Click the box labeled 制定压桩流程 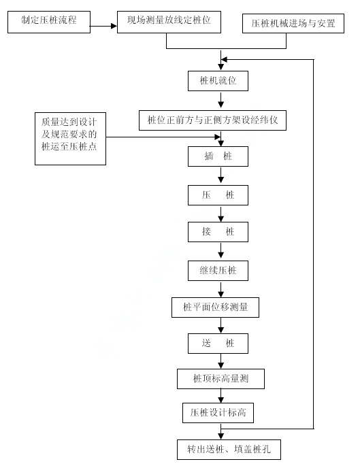tap(49, 22)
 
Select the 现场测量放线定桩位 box tap(169, 22)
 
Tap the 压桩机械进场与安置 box tap(293, 23)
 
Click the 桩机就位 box tap(218, 81)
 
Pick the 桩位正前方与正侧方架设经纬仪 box tap(212, 120)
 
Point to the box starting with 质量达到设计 tap(71, 139)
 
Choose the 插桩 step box tap(218, 156)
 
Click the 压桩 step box tap(218, 195)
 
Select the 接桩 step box tap(218, 232)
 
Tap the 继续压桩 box tap(218, 271)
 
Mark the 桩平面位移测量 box tap(215, 307)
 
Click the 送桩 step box tap(218, 344)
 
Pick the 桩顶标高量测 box tap(220, 379)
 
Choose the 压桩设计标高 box tap(218, 413)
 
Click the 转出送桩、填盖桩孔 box tap(229, 450)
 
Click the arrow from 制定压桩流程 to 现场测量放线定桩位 tap(103, 26)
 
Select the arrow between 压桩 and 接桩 tap(221, 214)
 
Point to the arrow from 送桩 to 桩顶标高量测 tap(221, 361)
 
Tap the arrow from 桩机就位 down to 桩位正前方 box tap(221, 100)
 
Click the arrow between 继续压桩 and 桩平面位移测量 tap(221, 289)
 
